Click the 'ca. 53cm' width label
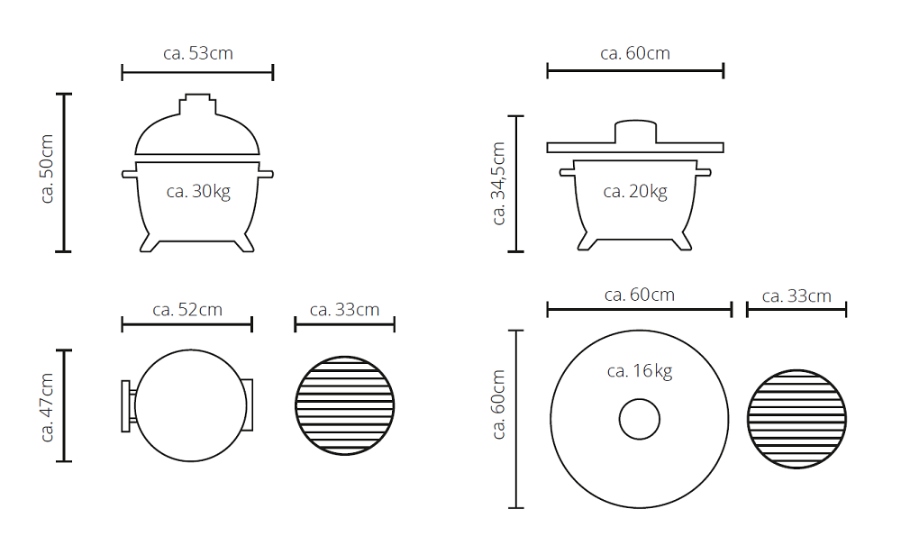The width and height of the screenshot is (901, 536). (198, 53)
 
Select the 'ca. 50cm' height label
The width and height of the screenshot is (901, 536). (47, 168)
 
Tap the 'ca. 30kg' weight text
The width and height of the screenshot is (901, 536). (198, 191)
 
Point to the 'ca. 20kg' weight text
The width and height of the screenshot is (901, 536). (635, 191)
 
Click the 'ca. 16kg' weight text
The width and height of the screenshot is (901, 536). (640, 371)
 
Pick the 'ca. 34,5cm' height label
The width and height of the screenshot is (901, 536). (498, 183)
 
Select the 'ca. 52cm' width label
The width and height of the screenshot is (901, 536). (187, 310)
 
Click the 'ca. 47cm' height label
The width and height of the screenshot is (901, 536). (47, 407)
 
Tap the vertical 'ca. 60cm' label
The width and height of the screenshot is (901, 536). (498, 404)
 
